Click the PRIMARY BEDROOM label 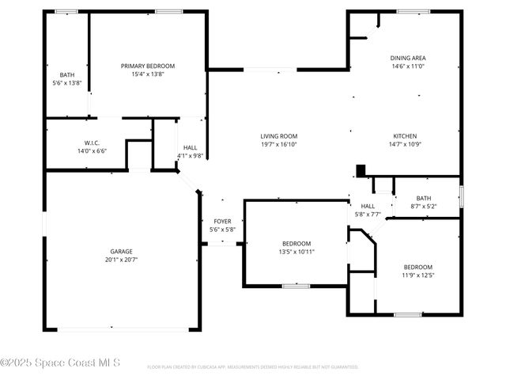pyautogui.click(x=148, y=66)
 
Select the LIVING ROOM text pyautogui.click(x=279, y=136)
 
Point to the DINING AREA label pyautogui.click(x=408, y=58)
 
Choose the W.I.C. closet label pyautogui.click(x=91, y=142)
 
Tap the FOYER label pyautogui.click(x=222, y=222)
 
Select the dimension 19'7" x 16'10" pyautogui.click(x=279, y=145)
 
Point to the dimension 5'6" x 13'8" pyautogui.click(x=67, y=83)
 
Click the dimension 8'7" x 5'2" pyautogui.click(x=424, y=207)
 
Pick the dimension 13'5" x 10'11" pyautogui.click(x=296, y=252)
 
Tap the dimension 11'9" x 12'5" pyautogui.click(x=418, y=275)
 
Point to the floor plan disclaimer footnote pyautogui.click(x=253, y=367)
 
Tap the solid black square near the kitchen pyautogui.click(x=361, y=170)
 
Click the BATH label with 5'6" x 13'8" pyautogui.click(x=67, y=75)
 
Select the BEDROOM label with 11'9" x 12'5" pyautogui.click(x=418, y=267)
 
